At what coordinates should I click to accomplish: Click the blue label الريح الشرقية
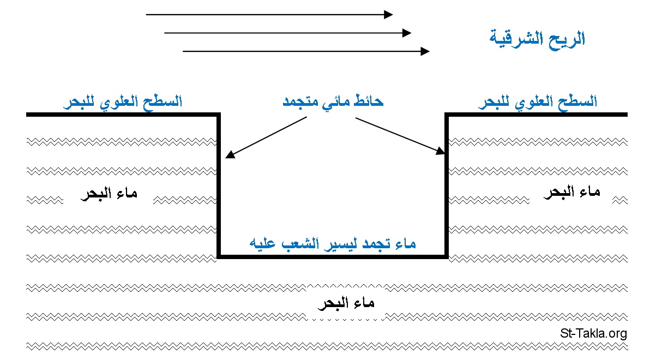(x=537, y=39)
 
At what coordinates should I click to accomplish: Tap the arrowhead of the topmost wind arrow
(x=388, y=15)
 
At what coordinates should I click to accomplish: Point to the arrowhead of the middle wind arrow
(x=407, y=33)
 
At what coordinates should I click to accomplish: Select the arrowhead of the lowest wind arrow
(x=425, y=51)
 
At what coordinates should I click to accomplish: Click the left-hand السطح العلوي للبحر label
(x=123, y=101)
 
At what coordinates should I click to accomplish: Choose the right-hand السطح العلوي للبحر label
(x=538, y=101)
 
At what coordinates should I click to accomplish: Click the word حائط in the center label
(x=369, y=101)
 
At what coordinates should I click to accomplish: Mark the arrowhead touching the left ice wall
(x=230, y=154)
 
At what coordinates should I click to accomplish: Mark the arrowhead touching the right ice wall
(x=440, y=151)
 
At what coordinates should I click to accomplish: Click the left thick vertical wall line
(x=219, y=185)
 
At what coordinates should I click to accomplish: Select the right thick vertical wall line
(x=447, y=185)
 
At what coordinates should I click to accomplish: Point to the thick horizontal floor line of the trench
(x=333, y=257)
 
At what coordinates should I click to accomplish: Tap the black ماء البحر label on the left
(x=109, y=194)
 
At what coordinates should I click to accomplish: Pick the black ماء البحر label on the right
(x=572, y=193)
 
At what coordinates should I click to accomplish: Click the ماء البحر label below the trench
(x=346, y=303)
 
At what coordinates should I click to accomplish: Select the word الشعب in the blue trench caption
(x=298, y=243)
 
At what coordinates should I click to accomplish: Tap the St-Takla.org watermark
(x=594, y=333)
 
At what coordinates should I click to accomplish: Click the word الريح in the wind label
(x=567, y=39)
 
